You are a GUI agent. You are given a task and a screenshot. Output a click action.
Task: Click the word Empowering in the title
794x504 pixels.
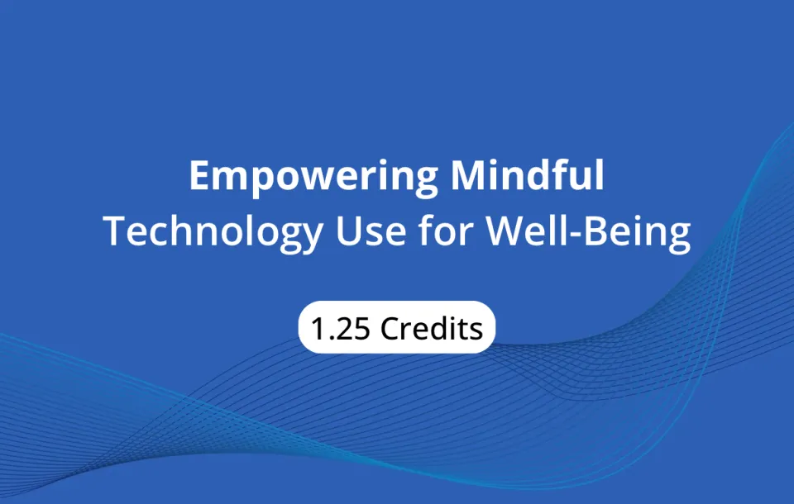[x=313, y=176]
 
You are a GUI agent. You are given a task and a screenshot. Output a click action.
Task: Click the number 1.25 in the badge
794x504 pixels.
[x=340, y=328]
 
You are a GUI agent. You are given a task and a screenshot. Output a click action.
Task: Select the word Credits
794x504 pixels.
[x=432, y=328]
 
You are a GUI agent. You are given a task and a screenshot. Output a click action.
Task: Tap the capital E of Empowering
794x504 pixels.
[x=199, y=176]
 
